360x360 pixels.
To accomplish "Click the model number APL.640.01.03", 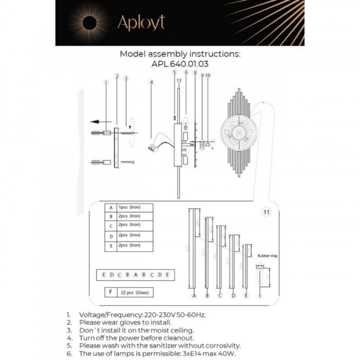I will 179,64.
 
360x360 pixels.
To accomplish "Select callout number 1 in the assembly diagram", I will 105,82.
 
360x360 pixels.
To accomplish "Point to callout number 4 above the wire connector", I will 151,82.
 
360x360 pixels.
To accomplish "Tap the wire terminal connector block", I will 152,147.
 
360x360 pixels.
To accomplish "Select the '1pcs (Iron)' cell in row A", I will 129,207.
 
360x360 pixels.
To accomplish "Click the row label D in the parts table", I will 110,235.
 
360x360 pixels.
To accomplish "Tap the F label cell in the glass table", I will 110,292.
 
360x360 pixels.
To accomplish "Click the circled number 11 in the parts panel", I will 265,211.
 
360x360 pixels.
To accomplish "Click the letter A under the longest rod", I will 194,296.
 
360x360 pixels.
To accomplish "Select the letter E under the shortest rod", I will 246,296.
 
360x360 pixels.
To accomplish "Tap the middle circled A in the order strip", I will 135,275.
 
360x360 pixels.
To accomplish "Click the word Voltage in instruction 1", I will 94,314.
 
